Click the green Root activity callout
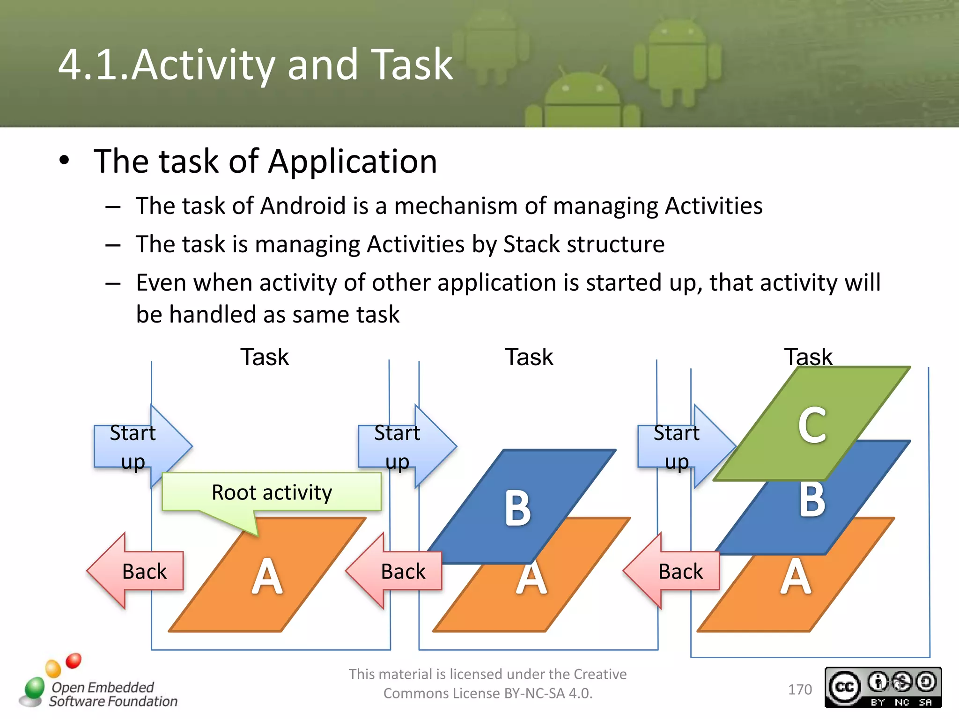pyautogui.click(x=272, y=492)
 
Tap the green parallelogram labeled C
pyautogui.click(x=812, y=424)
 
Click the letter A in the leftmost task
pyautogui.click(x=267, y=577)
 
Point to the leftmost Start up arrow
pyautogui.click(x=140, y=447)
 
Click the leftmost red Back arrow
pyautogui.click(x=136, y=571)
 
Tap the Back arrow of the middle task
pyautogui.click(x=395, y=571)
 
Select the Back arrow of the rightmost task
pyautogui.click(x=672, y=571)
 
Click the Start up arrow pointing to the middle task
pyautogui.click(x=405, y=447)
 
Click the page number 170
pyautogui.click(x=800, y=690)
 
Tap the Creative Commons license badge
pyautogui.click(x=883, y=687)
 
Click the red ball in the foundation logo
pyautogui.click(x=74, y=660)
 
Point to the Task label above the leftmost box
pyautogui.click(x=265, y=357)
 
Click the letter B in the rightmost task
pyautogui.click(x=812, y=500)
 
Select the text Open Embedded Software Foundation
pyautogui.click(x=112, y=694)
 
